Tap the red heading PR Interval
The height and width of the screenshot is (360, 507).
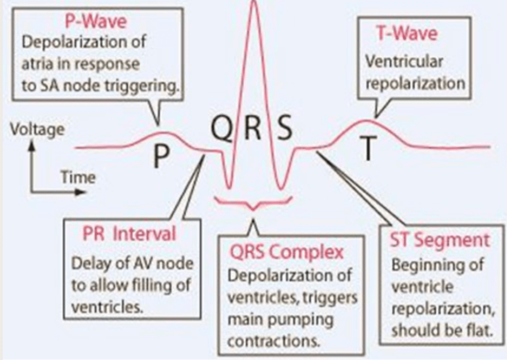[x=126, y=234]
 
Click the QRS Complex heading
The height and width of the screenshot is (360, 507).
[x=286, y=253]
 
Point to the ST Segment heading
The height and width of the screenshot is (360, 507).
[x=438, y=241]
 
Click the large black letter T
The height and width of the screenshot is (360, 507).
[x=367, y=149]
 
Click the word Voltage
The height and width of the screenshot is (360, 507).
[x=36, y=130]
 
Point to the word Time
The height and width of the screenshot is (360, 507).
[x=78, y=177]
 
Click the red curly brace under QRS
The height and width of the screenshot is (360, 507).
[x=253, y=203]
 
